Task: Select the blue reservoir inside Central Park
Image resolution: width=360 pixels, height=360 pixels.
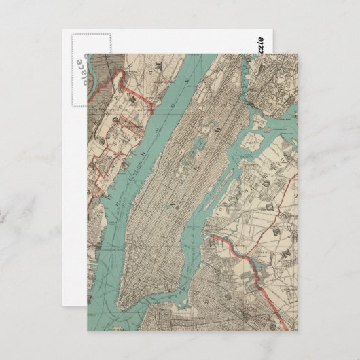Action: click(200, 144)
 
